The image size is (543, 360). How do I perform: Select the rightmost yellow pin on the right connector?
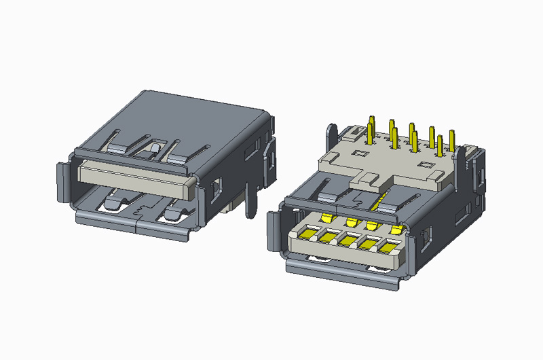[x=452, y=139]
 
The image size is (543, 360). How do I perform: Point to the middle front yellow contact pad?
[x=350, y=238]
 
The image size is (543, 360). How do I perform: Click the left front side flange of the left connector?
[x=60, y=182]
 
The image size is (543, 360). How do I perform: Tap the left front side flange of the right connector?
[x=276, y=231]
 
